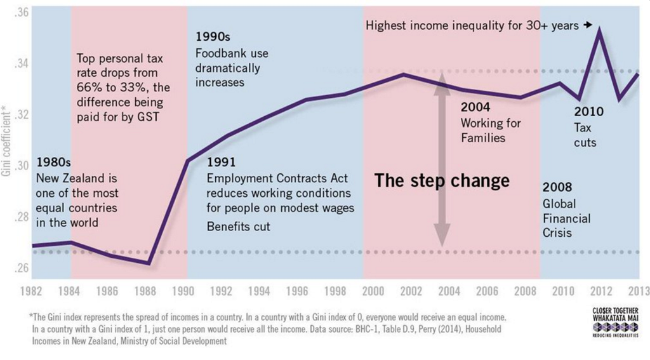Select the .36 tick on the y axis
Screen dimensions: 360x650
[20, 13]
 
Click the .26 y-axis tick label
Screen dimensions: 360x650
[20, 267]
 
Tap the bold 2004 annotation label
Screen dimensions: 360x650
[475, 107]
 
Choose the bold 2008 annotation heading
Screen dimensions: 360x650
[557, 187]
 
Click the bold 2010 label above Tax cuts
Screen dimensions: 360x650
[588, 112]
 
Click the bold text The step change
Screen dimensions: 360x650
[442, 181]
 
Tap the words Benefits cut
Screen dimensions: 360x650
[238, 227]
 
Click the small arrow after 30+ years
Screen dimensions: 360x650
[588, 25]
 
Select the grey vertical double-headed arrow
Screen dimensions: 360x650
[442, 163]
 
